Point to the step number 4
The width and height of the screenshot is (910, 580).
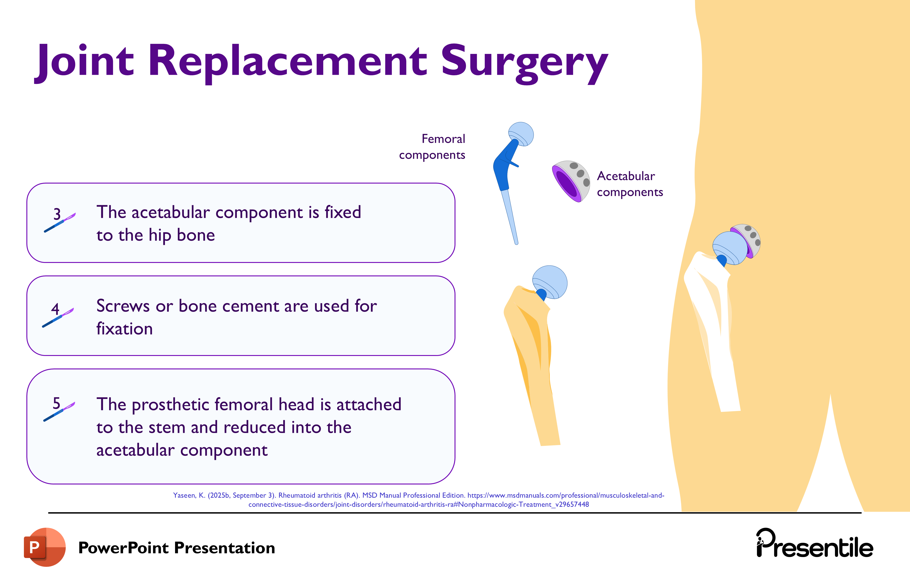(55, 309)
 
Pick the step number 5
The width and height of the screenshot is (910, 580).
(56, 403)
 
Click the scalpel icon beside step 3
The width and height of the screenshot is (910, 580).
(61, 223)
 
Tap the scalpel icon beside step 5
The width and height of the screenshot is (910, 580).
(60, 412)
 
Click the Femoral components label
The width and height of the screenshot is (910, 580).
(432, 147)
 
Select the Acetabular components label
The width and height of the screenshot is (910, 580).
(629, 184)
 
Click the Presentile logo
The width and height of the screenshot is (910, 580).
(814, 544)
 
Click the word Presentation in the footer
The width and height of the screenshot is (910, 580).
(225, 548)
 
